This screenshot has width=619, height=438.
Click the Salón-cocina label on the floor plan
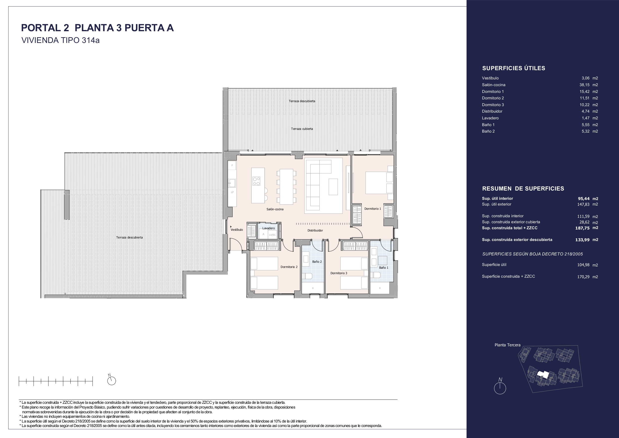click(275, 209)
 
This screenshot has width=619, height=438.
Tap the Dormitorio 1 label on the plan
click(372, 209)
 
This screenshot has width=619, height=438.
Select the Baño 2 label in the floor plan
click(317, 261)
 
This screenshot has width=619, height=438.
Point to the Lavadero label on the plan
click(268, 228)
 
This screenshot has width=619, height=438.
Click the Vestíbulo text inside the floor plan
click(237, 230)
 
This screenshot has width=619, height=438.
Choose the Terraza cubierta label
click(302, 129)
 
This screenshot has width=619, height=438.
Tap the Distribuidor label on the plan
click(315, 230)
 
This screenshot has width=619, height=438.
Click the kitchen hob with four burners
click(256, 181)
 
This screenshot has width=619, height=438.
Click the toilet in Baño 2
click(307, 276)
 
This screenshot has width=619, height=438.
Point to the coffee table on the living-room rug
click(333, 187)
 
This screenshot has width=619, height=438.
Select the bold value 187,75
click(582, 228)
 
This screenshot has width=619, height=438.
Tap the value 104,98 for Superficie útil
click(583, 265)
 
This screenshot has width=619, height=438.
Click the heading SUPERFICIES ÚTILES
click(513, 68)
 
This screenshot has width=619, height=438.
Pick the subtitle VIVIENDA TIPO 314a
click(60, 40)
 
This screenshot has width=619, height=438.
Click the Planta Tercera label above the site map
click(507, 345)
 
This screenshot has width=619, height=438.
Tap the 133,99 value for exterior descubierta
click(582, 240)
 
